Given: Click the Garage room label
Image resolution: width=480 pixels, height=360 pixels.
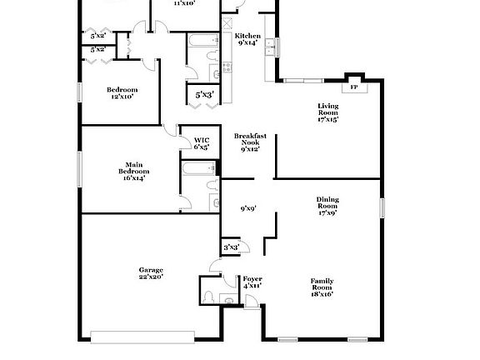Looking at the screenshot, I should click(x=151, y=269).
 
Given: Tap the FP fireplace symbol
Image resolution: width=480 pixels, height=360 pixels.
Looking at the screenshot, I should click(x=353, y=87).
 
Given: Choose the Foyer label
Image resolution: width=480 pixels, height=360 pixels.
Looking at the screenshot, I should click(x=252, y=278).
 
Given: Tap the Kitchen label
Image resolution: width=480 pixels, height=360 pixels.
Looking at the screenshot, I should click(x=247, y=36).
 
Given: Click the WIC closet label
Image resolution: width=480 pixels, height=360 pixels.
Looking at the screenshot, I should click(x=202, y=140).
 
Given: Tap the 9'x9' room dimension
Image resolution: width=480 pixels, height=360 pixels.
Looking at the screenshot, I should click(x=248, y=209).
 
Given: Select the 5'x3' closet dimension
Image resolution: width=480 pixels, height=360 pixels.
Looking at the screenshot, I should click(x=204, y=96).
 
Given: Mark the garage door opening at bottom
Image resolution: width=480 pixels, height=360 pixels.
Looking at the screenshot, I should click(x=143, y=336).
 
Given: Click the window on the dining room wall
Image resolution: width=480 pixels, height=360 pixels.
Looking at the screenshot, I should click(x=383, y=206).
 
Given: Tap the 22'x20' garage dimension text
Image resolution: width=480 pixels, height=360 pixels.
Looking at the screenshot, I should click(x=151, y=277).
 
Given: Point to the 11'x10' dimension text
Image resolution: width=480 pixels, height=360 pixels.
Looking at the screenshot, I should click(x=184, y=3).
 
